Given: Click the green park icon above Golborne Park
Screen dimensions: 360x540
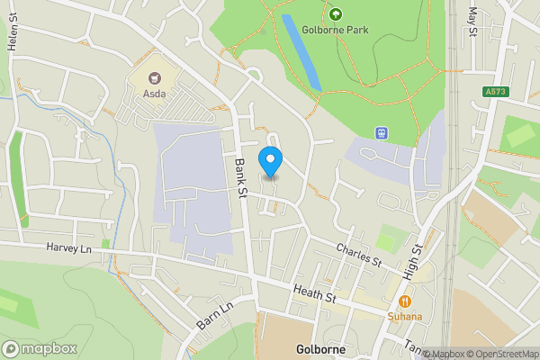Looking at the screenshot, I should (x=336, y=13).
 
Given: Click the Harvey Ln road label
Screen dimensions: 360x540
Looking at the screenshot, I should (x=69, y=247).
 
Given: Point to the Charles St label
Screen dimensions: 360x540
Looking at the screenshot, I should (x=359, y=255).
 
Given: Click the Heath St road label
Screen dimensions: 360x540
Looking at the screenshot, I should (x=314, y=292).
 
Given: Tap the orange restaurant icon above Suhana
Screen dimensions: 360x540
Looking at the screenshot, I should (x=406, y=301).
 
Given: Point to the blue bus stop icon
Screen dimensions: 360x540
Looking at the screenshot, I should (x=382, y=133).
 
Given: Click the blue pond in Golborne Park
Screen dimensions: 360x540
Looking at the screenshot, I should (x=302, y=51).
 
